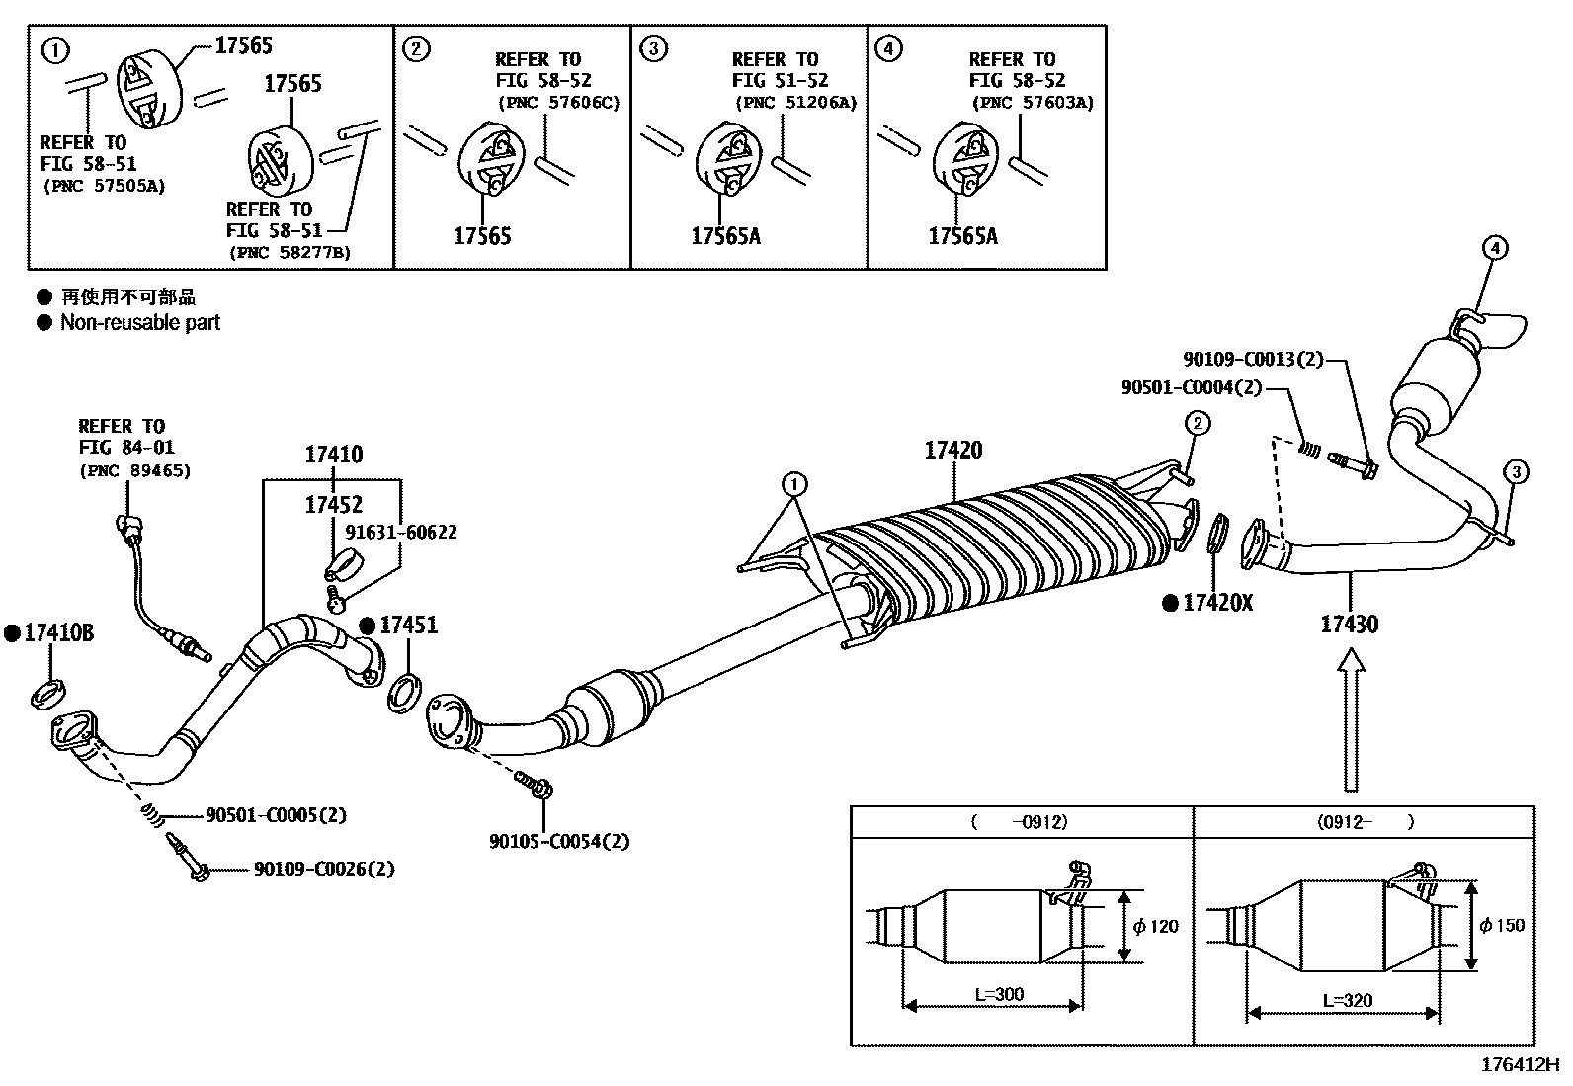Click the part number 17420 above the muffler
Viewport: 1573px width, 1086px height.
tap(953, 451)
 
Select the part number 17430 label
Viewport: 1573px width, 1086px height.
tap(1349, 625)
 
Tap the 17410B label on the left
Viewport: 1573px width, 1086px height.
tap(58, 633)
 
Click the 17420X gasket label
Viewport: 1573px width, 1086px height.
tap(1217, 603)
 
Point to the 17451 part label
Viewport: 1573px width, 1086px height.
tap(408, 625)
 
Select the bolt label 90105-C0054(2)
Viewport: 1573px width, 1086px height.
tap(558, 842)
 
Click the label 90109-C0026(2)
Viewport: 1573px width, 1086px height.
tap(323, 869)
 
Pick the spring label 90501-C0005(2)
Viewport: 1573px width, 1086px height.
tap(276, 815)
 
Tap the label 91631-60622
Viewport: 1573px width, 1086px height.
tap(400, 532)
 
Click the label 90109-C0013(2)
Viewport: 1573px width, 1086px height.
tap(1252, 360)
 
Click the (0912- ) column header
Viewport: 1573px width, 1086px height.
tap(1364, 821)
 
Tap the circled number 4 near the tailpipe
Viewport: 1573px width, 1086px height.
tap(1494, 248)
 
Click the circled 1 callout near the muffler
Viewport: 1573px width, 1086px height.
tap(794, 484)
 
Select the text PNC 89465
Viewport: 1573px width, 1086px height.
tap(134, 470)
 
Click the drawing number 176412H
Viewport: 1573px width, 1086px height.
tap(1519, 1065)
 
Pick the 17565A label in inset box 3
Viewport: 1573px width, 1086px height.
tap(725, 235)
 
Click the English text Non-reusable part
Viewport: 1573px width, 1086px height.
tap(140, 322)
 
